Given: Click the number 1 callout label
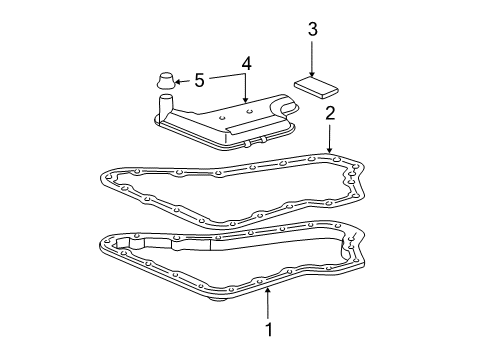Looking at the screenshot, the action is tap(267, 328).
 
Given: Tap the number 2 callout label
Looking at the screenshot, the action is tap(330, 115).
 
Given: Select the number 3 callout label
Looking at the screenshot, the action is tap(312, 31).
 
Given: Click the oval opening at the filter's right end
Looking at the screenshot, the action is tap(290, 105).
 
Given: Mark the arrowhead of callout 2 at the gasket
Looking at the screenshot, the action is tap(330, 152).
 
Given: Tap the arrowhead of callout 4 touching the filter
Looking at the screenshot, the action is tap(246, 102).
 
